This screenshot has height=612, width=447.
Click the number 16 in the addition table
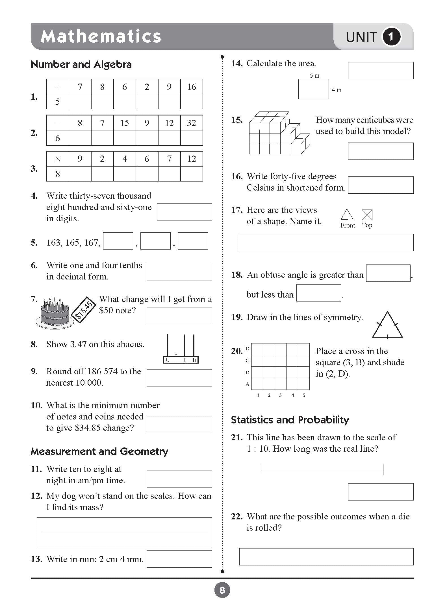(x=192, y=87)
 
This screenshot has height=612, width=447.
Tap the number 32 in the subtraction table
(x=192, y=123)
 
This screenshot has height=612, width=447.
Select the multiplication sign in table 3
(x=58, y=159)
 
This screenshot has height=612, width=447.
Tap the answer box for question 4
(x=184, y=212)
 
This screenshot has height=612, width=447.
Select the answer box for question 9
(x=179, y=378)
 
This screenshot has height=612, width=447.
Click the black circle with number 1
(x=391, y=37)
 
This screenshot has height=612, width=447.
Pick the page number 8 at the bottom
(x=222, y=590)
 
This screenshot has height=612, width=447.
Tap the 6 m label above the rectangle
(x=314, y=76)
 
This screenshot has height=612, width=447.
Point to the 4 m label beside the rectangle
(x=336, y=90)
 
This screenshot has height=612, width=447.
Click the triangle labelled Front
(x=347, y=215)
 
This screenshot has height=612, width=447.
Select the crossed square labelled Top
(x=367, y=215)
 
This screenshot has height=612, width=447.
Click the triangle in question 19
(x=387, y=326)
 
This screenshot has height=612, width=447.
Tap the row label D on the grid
(x=248, y=349)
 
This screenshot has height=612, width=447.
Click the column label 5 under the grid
(x=304, y=395)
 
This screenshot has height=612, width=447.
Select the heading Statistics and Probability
(x=290, y=420)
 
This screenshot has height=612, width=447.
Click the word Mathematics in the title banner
(x=101, y=36)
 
